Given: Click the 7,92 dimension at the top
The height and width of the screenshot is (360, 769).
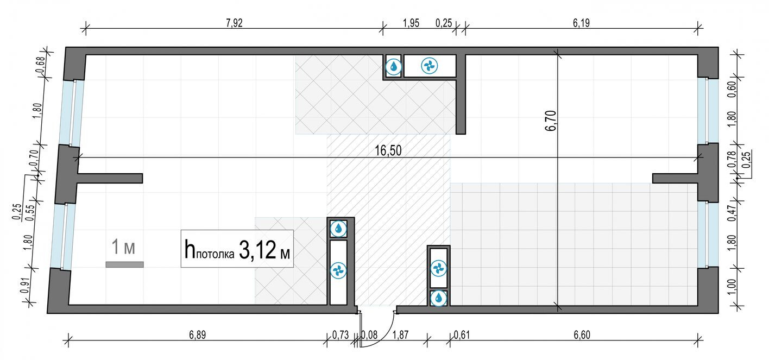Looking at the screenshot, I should pos(234,23).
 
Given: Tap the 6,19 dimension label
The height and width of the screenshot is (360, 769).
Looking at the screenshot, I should pos(581,23).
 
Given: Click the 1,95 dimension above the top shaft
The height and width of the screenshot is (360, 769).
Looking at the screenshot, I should pos(411,23).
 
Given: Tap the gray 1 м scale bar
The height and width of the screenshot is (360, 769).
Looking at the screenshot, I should pos(124,264).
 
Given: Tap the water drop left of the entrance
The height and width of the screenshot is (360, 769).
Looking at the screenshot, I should pos(339,228).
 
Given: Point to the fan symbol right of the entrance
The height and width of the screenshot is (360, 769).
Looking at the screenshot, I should pos(438,268).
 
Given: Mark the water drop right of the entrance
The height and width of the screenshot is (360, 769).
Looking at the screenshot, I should pos(438,298).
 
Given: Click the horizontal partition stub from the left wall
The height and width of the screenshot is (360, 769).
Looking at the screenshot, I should pos(110,178).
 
